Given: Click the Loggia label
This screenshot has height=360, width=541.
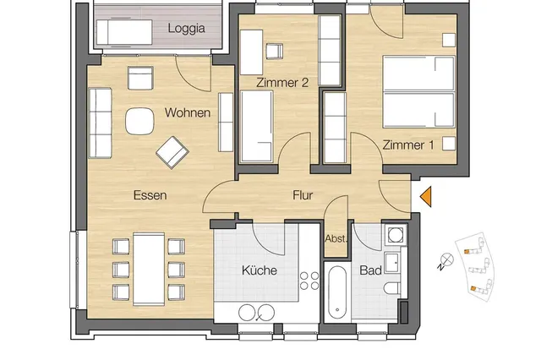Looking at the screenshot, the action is [186, 29].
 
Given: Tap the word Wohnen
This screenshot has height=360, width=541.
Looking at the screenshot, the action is [188, 112].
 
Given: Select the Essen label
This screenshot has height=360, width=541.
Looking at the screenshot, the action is [150, 195].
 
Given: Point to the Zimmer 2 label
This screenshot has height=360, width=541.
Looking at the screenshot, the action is [282, 83].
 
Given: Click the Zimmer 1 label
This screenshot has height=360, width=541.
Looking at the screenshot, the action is [407, 145].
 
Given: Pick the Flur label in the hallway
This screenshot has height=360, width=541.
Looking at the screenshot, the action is [303, 195].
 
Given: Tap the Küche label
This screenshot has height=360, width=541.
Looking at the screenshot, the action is [260, 270].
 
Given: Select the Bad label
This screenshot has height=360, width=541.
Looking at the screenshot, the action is [370, 270].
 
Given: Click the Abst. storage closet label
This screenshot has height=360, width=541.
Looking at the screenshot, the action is [336, 238].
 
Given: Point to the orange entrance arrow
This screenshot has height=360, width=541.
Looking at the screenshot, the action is [426, 197].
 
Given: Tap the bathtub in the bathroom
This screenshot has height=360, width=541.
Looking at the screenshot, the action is [337, 292].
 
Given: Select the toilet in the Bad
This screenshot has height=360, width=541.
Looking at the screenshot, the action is [392, 288].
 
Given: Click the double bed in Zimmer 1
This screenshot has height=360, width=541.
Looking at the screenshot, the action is [418, 92].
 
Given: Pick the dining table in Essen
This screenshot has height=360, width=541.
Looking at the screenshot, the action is [149, 269].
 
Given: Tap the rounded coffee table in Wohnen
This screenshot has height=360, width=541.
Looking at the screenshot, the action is [139, 121].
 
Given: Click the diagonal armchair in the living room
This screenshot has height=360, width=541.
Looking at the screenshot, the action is [172, 152].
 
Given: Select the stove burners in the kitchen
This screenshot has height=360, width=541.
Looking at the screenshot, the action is [309, 281].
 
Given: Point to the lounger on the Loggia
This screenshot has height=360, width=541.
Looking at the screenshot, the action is [124, 32].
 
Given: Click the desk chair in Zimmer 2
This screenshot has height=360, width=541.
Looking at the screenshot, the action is [275, 52].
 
